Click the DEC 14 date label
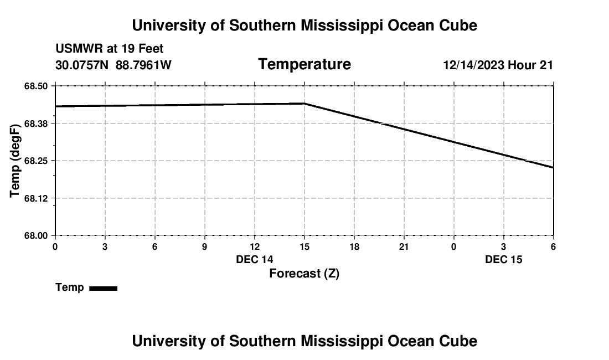(255, 259)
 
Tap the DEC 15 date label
(504, 259)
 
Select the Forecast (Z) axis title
(304, 273)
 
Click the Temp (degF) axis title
(16, 161)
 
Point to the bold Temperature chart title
(304, 64)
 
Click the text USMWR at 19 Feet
(110, 49)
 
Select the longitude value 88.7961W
(143, 65)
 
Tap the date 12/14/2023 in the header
(473, 65)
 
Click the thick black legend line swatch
(104, 288)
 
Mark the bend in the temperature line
(304, 104)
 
